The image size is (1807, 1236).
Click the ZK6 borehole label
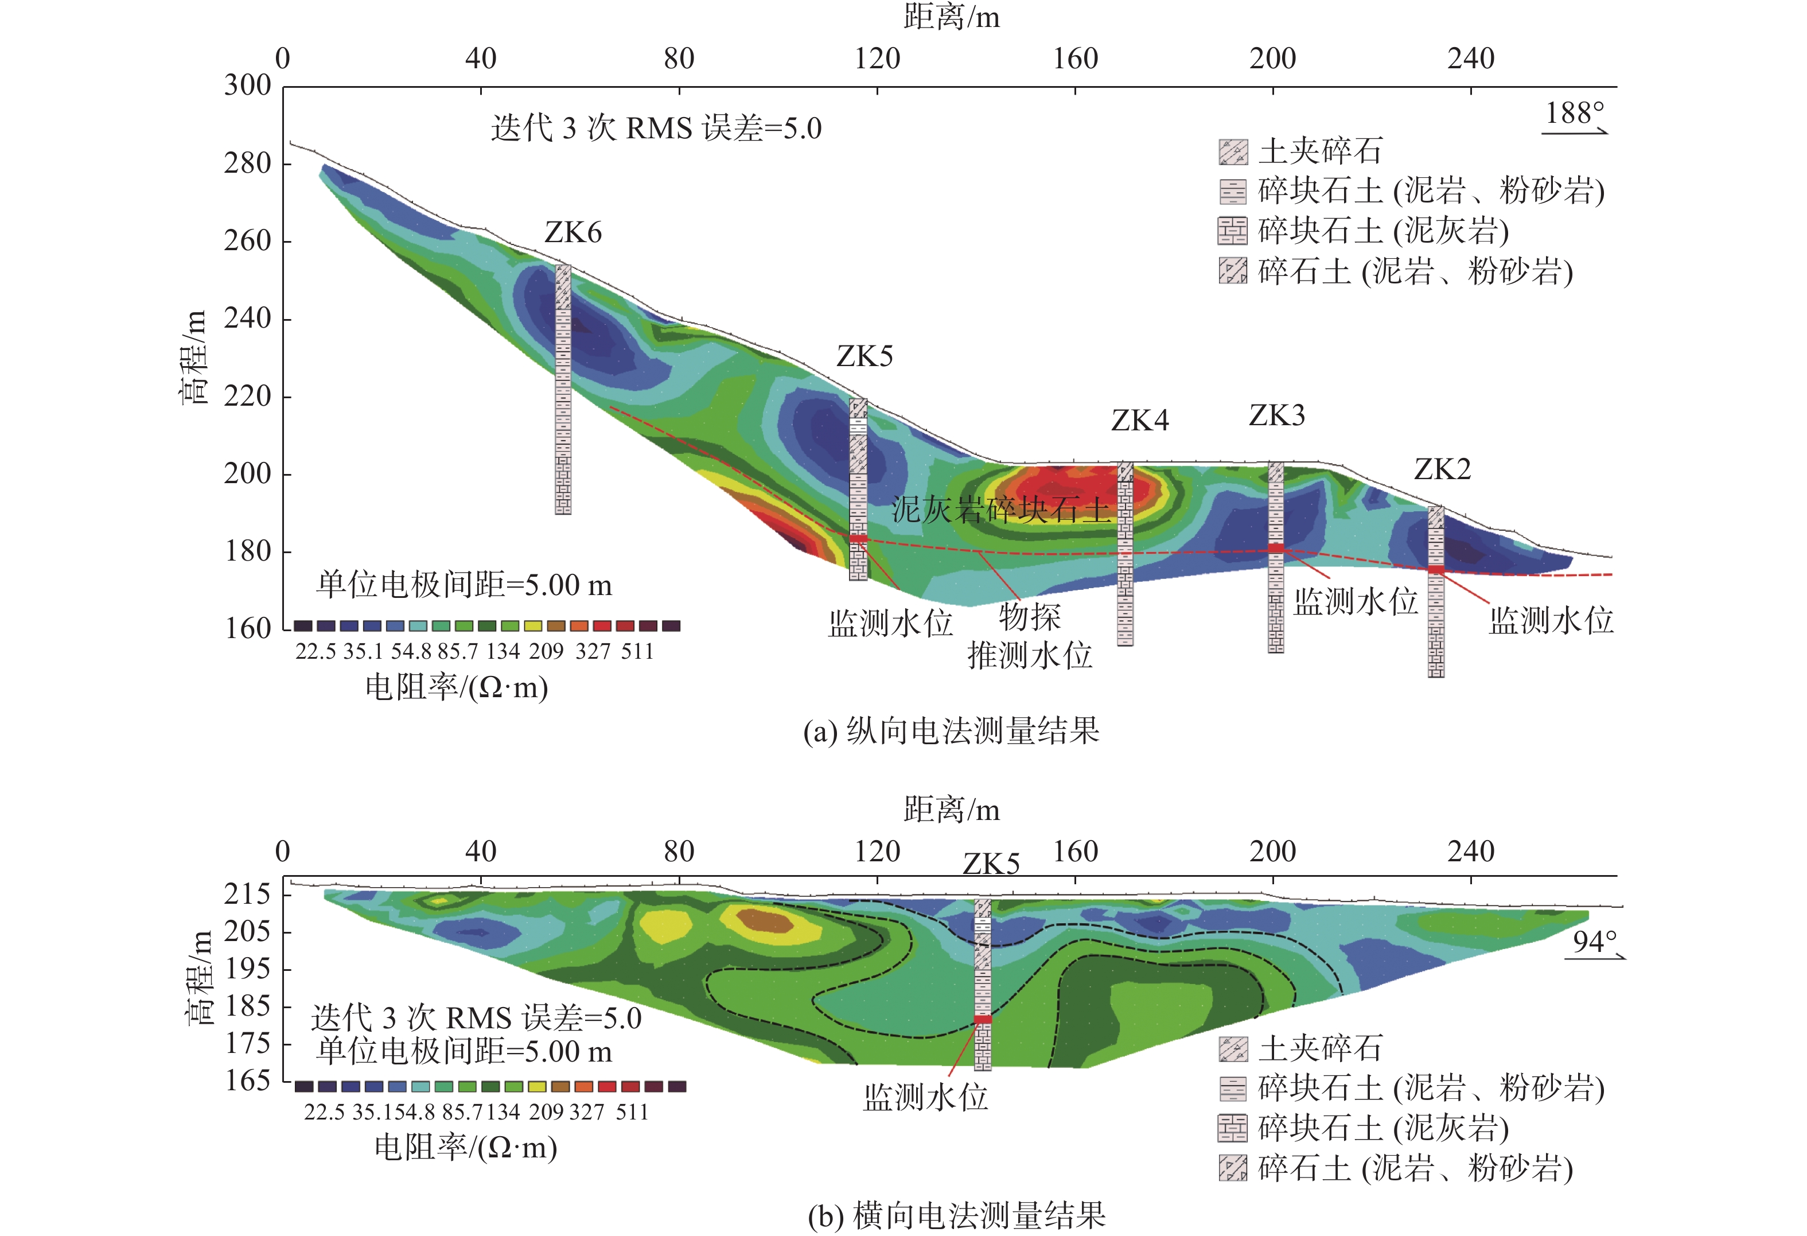[573, 232]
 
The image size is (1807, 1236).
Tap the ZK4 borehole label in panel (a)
[1140, 421]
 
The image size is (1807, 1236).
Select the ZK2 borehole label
[1442, 470]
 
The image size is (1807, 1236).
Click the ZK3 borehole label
[1277, 416]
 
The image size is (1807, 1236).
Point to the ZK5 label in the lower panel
[991, 864]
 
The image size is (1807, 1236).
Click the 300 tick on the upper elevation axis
[247, 85]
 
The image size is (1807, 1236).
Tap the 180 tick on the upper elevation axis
[247, 551]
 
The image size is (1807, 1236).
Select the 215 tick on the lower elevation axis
[247, 895]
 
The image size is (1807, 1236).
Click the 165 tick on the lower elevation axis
[247, 1080]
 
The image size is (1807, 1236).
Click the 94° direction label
[1595, 943]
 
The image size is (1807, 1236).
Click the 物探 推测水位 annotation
[1030, 636]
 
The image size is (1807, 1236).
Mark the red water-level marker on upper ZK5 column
[858, 538]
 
